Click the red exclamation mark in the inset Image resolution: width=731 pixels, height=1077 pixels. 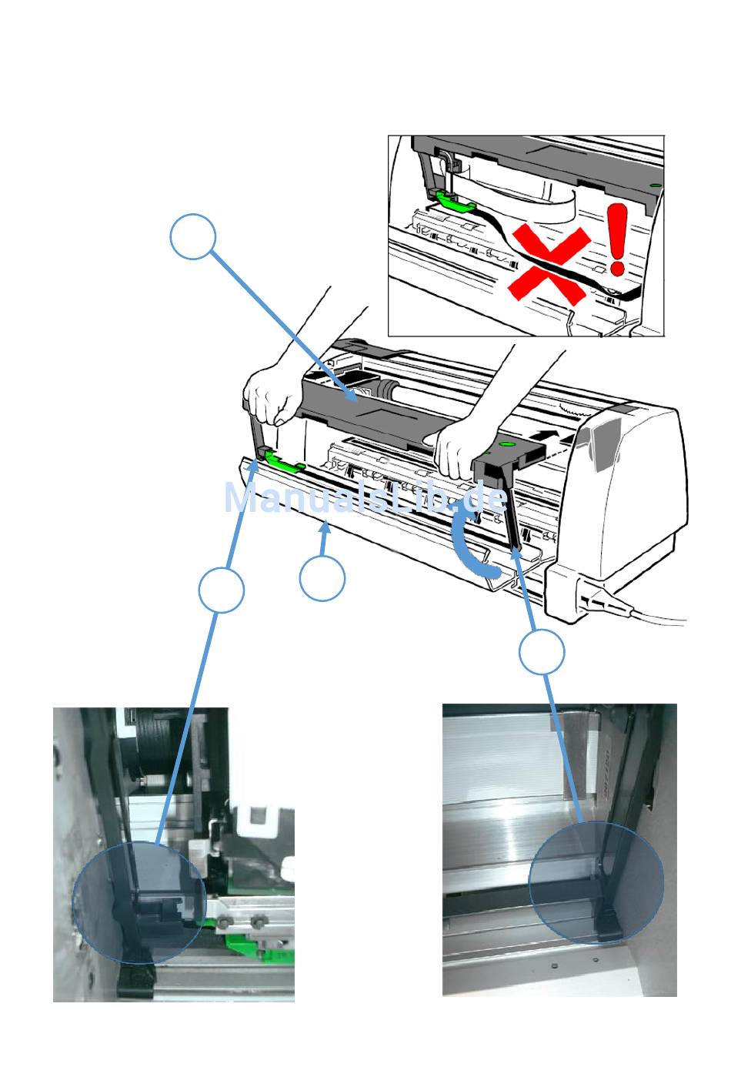pyautogui.click(x=616, y=239)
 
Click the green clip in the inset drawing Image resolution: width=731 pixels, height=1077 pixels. pyautogui.click(x=455, y=200)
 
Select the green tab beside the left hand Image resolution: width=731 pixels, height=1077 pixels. pyautogui.click(x=284, y=461)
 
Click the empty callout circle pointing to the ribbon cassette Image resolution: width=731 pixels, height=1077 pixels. pyautogui.click(x=192, y=236)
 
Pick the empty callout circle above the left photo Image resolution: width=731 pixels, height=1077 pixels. pyautogui.click(x=221, y=590)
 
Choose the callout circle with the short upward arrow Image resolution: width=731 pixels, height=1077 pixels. pyautogui.click(x=322, y=578)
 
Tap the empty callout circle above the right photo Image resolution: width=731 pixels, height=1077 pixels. pyautogui.click(x=542, y=652)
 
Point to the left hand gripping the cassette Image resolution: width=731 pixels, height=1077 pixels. pyautogui.click(x=272, y=396)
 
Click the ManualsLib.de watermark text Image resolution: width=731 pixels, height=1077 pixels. pyautogui.click(x=366, y=498)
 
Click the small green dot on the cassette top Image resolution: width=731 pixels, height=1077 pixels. pyautogui.click(x=505, y=443)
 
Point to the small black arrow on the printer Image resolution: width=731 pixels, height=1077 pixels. pyautogui.click(x=546, y=436)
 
